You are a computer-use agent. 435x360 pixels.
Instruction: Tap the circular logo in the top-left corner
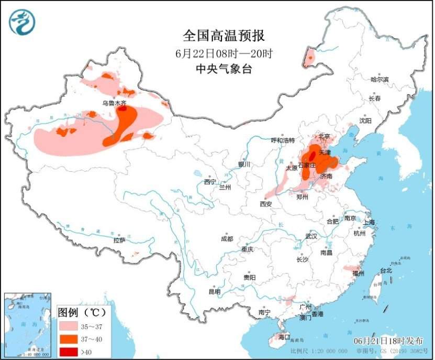tap(22, 22)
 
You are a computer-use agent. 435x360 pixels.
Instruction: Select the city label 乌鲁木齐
tap(114, 103)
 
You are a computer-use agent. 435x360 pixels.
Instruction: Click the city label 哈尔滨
tap(380, 80)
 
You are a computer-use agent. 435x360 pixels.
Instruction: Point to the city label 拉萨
tap(119, 240)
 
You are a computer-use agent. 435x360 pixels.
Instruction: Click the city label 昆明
tap(215, 291)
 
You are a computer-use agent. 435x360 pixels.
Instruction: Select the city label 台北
tap(386, 271)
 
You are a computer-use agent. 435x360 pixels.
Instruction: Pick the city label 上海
tap(369, 222)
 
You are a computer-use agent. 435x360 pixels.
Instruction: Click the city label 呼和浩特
tap(283, 140)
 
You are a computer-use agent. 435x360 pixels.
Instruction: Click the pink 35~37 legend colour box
tap(67, 326)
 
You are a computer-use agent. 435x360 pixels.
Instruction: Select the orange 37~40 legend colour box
tap(67, 339)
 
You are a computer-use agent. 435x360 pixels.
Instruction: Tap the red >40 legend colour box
tap(67, 351)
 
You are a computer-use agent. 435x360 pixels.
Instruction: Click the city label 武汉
tap(311, 236)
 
